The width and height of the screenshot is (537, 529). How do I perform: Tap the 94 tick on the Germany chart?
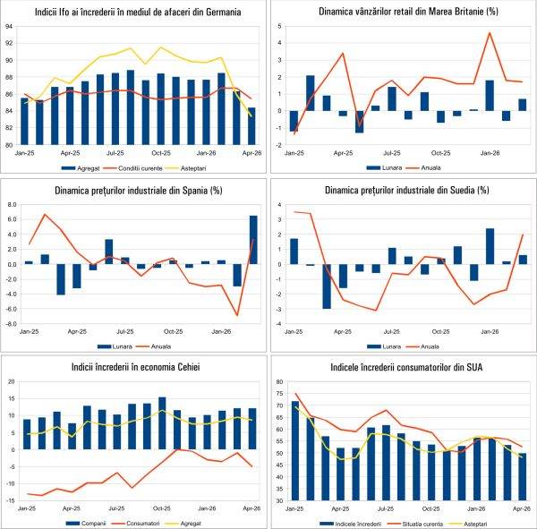[x=9, y=26]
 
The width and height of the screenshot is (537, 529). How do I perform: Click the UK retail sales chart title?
[x=403, y=13]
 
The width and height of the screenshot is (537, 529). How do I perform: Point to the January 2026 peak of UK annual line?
[x=490, y=33]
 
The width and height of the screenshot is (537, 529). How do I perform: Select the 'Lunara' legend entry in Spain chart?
[x=113, y=344]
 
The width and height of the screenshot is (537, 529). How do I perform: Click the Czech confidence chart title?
[x=134, y=366]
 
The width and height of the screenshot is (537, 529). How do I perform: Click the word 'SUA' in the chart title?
[x=478, y=366]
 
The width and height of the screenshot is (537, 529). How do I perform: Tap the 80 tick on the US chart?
[x=278, y=381]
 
